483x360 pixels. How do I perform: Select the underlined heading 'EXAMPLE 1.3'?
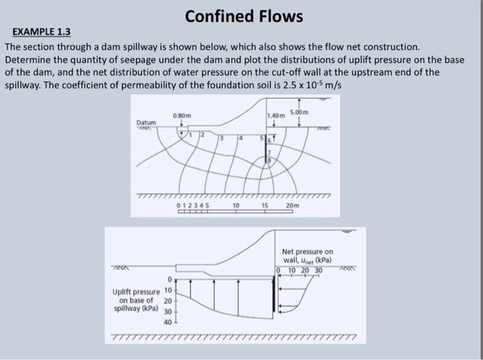tap(41, 32)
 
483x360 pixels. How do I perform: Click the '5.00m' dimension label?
tap(299, 112)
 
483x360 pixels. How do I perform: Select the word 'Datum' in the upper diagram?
tap(146, 122)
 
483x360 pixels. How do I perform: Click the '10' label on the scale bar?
tap(236, 206)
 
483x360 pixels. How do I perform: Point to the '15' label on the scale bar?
tap(264, 206)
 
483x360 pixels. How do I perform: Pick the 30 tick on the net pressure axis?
tap(318, 270)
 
